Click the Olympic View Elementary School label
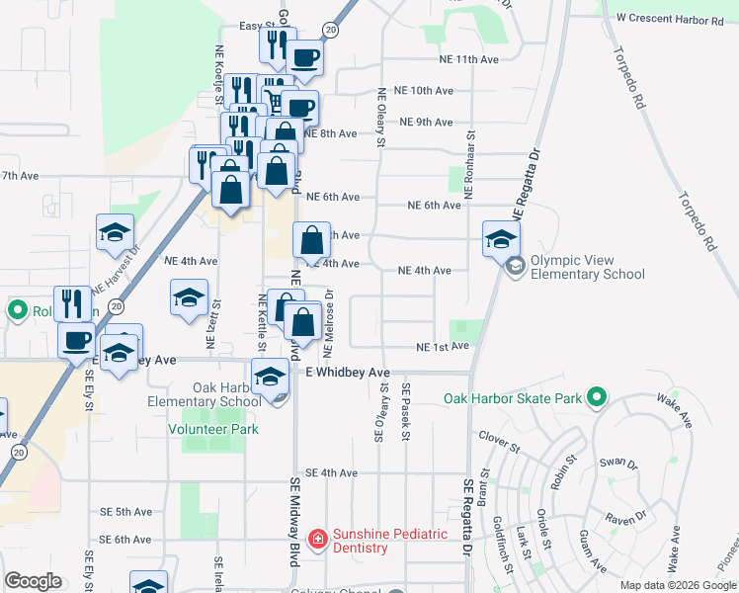tap(587, 268)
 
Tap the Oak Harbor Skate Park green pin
tap(594, 398)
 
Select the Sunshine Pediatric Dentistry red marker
tap(317, 540)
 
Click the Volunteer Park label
tap(212, 429)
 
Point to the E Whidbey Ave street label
tap(348, 373)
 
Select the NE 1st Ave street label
tap(441, 348)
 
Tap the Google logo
tap(33, 581)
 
